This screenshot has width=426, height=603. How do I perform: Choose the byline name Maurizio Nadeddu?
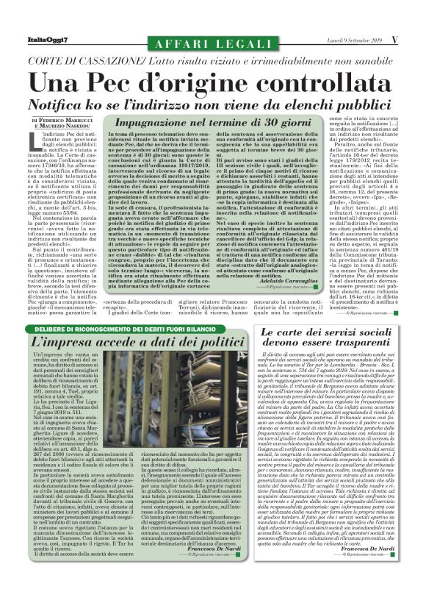coord(67,125)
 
